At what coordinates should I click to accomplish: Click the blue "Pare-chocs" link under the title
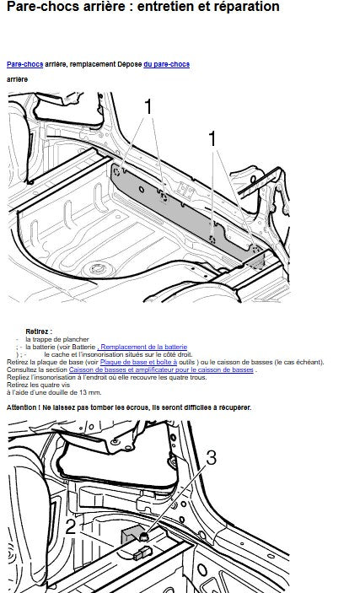pos(25,64)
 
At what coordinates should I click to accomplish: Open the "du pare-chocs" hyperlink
pos(166,64)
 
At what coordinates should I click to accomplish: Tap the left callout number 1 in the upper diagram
pos(148,106)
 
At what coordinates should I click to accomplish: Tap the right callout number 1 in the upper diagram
pos(213,139)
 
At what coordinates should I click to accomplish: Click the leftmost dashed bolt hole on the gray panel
pos(117,172)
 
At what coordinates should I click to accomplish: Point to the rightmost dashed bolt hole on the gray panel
pos(255,250)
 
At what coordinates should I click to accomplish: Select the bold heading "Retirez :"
pos(39,332)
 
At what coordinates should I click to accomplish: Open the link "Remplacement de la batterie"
pos(142,347)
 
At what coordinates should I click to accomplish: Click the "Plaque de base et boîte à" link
pos(138,362)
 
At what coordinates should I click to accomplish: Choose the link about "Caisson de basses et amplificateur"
pos(161,369)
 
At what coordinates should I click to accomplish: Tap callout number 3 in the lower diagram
pos(211,457)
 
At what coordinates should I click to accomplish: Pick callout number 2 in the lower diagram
pos(71,527)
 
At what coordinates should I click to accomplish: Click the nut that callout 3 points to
pos(143,536)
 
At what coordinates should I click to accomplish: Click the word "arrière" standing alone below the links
pos(17,79)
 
